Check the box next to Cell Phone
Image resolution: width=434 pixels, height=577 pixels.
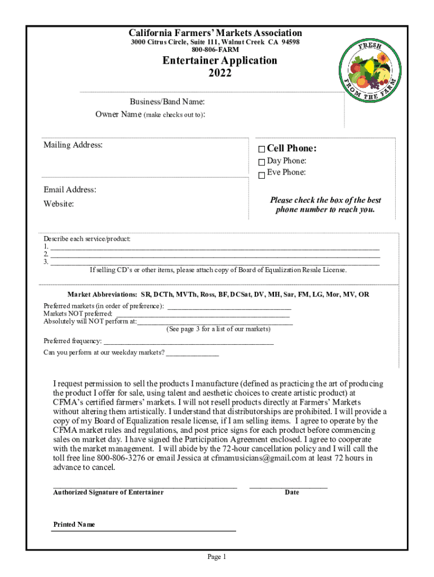[x=262, y=149]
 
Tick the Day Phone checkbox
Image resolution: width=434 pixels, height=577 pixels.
[x=262, y=162]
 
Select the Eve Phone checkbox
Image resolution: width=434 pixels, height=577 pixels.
[x=262, y=175]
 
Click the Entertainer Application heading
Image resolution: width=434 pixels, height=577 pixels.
[x=220, y=60]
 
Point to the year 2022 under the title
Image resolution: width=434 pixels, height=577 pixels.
[x=220, y=73]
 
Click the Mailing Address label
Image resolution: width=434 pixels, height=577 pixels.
[x=73, y=145]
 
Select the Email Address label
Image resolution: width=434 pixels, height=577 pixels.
[x=70, y=190]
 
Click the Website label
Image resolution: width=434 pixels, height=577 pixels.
[x=59, y=203]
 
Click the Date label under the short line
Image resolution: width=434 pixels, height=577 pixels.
[x=292, y=492]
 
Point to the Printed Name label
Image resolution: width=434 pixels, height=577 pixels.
[x=74, y=525]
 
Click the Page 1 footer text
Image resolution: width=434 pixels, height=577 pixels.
[x=217, y=557]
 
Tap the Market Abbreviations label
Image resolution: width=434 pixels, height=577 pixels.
[x=102, y=295]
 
